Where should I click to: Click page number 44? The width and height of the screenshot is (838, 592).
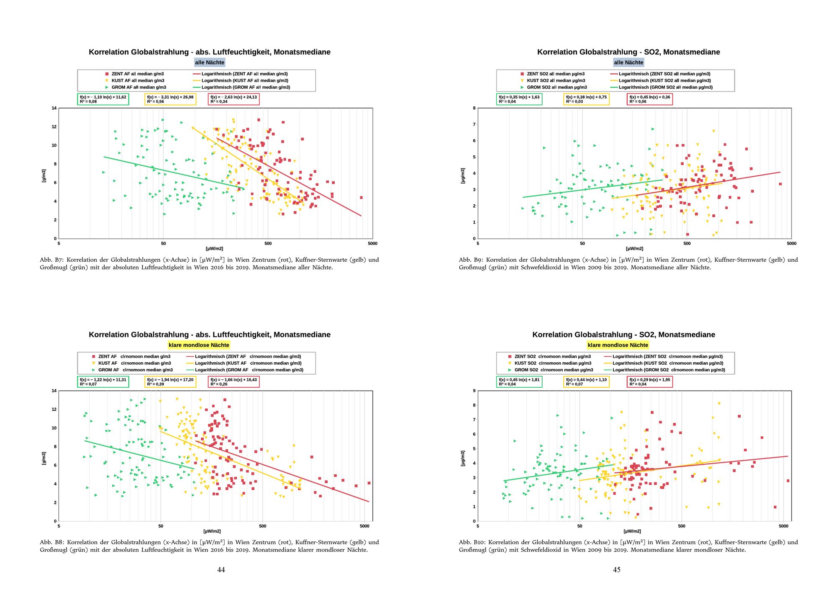point(221,570)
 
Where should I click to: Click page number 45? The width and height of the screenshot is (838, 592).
point(617,570)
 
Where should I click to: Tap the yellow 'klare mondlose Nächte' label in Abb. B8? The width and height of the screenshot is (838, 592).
point(199,345)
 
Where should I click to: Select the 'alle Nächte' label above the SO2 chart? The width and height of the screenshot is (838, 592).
point(628,62)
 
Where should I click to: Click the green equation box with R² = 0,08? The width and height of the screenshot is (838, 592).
point(103,99)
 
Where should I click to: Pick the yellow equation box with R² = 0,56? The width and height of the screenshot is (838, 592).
point(170,99)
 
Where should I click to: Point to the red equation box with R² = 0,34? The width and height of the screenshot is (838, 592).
point(234,99)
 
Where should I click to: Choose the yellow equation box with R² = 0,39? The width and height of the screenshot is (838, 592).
point(170,382)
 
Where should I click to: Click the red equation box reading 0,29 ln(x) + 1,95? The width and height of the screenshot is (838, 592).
point(649,382)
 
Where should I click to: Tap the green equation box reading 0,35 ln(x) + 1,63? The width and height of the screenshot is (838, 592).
point(519,99)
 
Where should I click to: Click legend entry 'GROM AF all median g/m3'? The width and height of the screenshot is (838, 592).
point(138,88)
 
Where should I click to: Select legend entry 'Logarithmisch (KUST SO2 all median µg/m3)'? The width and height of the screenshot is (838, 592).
point(664,80)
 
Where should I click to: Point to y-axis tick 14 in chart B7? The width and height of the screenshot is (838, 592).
point(54,108)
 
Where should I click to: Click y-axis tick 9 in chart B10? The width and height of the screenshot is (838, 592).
point(474,391)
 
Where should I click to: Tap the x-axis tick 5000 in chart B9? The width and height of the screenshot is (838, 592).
point(791,243)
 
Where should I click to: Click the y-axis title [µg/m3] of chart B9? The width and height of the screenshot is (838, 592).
point(463,175)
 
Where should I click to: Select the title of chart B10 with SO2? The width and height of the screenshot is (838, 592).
point(623,335)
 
